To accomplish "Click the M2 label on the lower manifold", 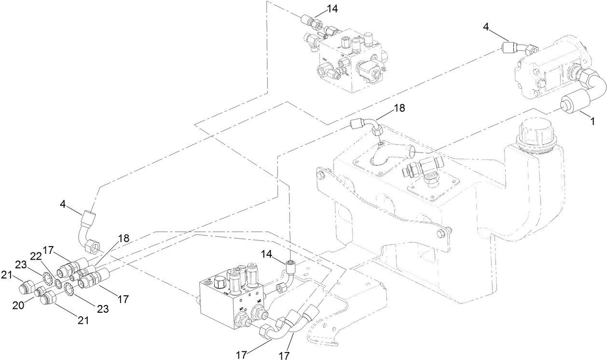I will point(259,301).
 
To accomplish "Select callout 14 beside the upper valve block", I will point(332,8).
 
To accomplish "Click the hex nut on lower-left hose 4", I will point(92,247).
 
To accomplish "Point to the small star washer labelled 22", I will point(56,282).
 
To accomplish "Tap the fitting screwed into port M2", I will point(262,313).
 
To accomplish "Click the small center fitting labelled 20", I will point(40,291).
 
